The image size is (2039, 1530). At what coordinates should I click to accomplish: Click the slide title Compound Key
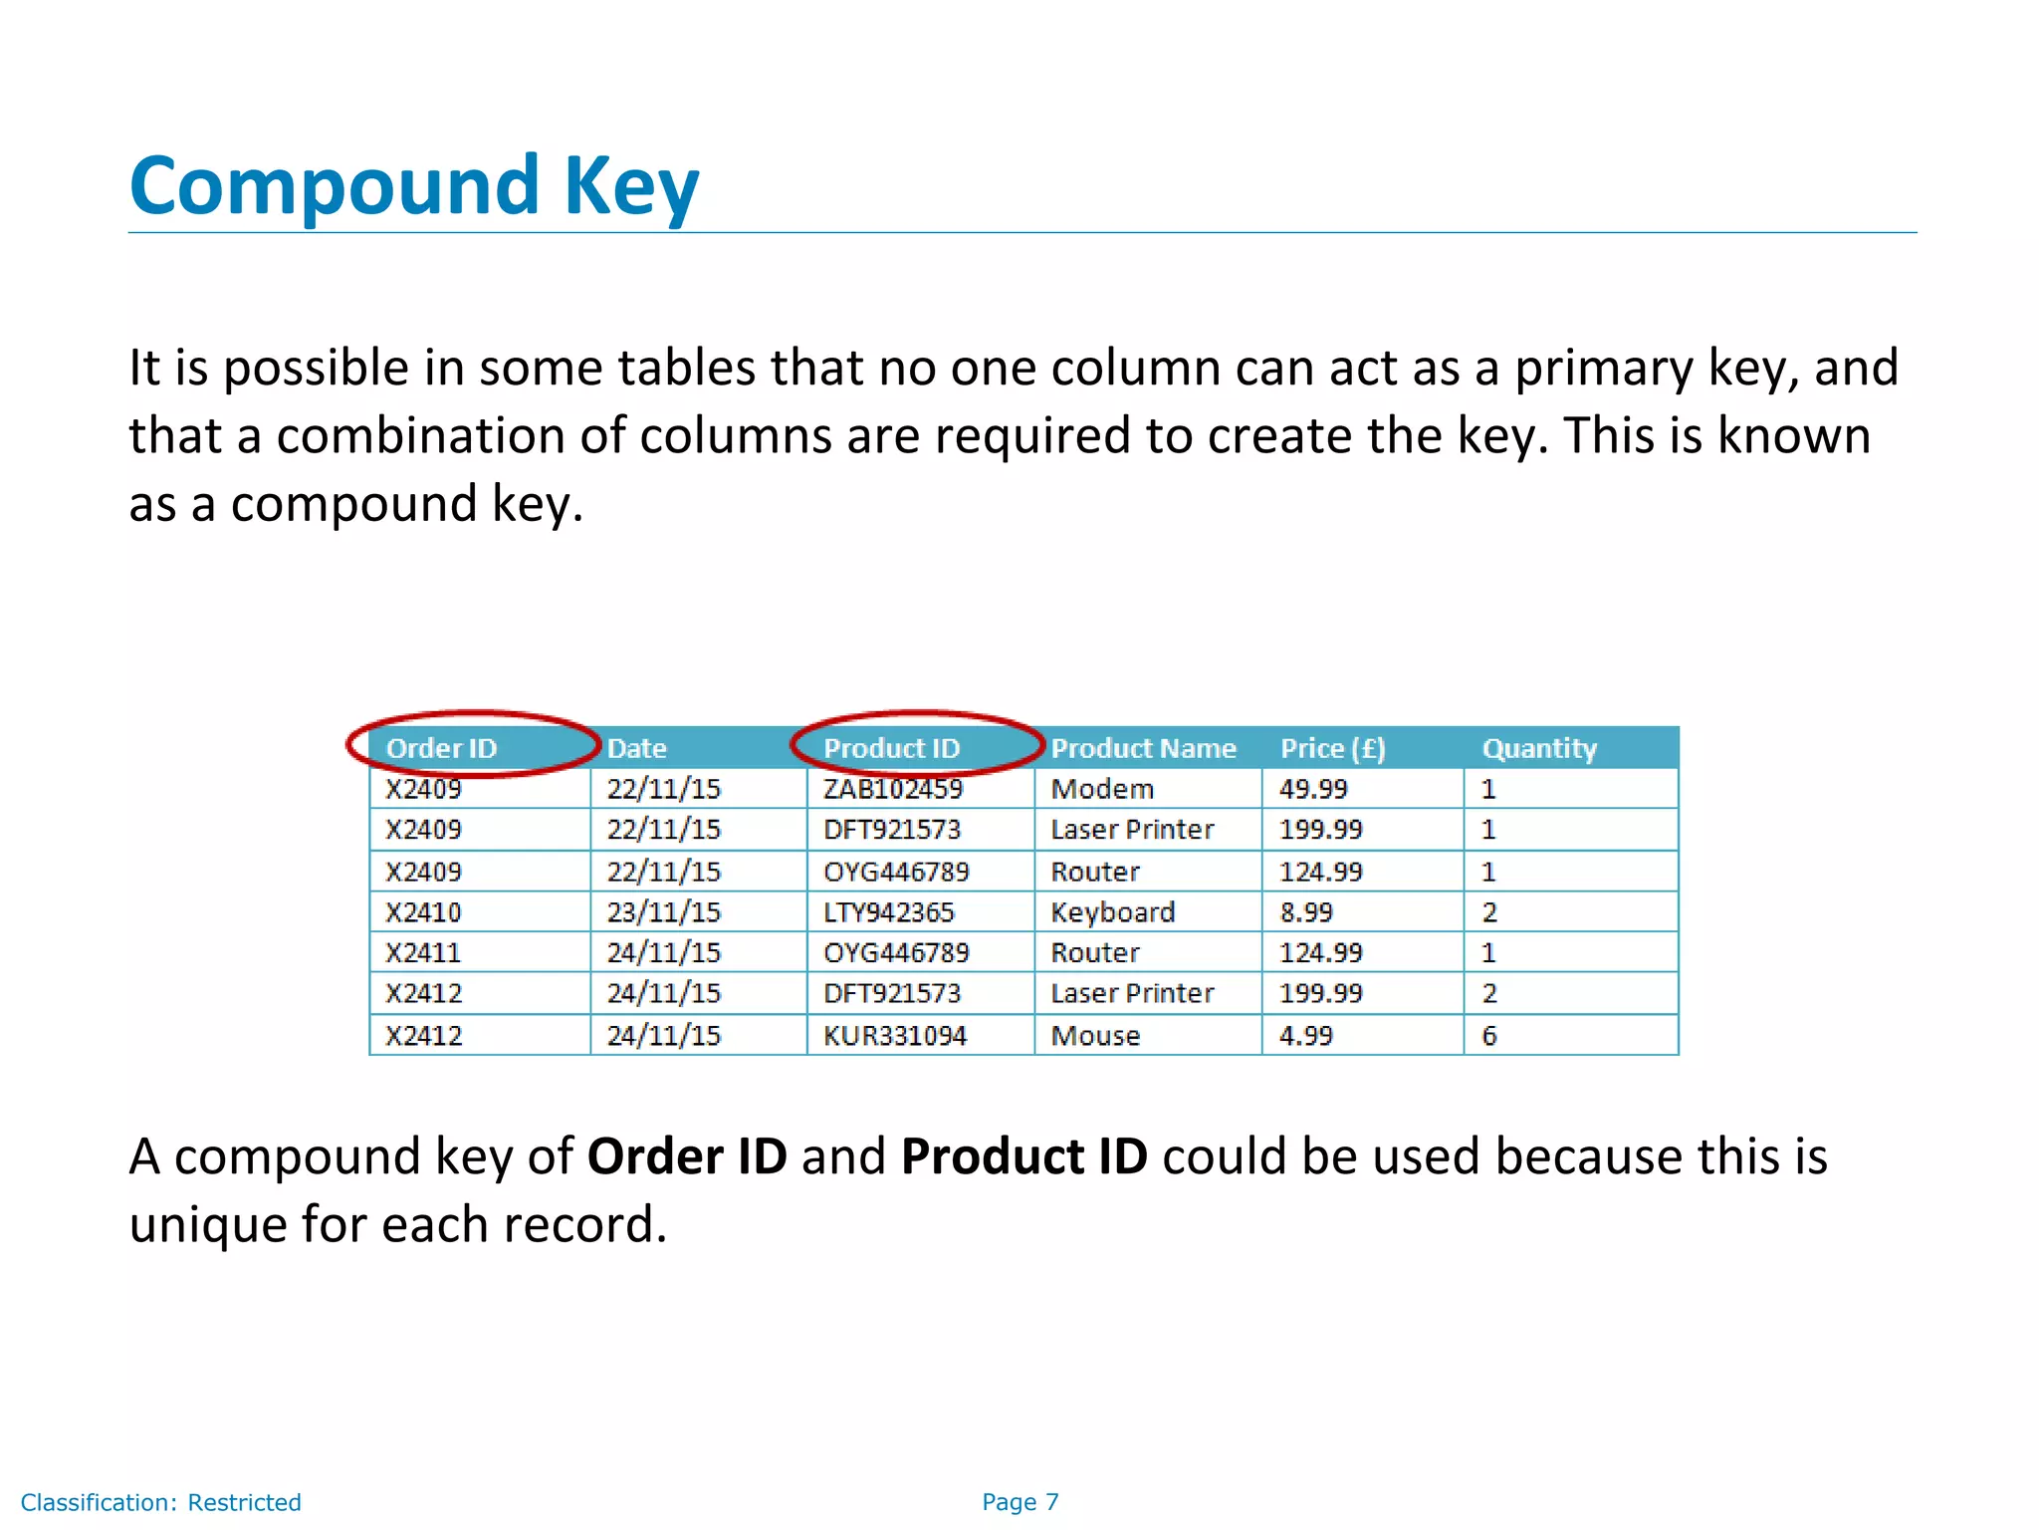point(414,186)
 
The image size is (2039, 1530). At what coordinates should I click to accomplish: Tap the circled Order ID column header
point(441,748)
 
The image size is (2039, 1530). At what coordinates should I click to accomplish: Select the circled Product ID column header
point(891,748)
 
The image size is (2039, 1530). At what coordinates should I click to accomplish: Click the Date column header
point(637,748)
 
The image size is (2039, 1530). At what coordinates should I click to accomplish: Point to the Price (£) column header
point(1332,748)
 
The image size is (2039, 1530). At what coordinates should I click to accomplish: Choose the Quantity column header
point(1539,748)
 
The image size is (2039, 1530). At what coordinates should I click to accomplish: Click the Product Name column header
point(1143,748)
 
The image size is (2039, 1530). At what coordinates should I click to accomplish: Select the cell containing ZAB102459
point(893,789)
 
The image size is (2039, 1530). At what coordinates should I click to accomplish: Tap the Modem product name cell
point(1102,789)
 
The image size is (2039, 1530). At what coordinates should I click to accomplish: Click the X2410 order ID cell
point(424,912)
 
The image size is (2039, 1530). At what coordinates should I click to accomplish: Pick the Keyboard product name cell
point(1113,912)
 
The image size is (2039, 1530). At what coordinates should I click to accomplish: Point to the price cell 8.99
point(1306,912)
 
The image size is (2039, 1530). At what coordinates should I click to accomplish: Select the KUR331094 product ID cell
point(895,1036)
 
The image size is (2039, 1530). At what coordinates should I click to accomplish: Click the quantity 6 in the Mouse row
point(1489,1036)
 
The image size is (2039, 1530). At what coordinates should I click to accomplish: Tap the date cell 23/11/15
point(664,912)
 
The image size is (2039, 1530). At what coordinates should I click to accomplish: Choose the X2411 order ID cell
point(424,953)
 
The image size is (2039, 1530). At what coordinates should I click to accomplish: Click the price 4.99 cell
point(1306,1036)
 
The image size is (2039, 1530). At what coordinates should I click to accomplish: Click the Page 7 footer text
point(1020,1502)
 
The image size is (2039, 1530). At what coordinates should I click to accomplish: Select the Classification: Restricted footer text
point(161,1502)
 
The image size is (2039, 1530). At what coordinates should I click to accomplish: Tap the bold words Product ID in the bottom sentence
point(1024,1156)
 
